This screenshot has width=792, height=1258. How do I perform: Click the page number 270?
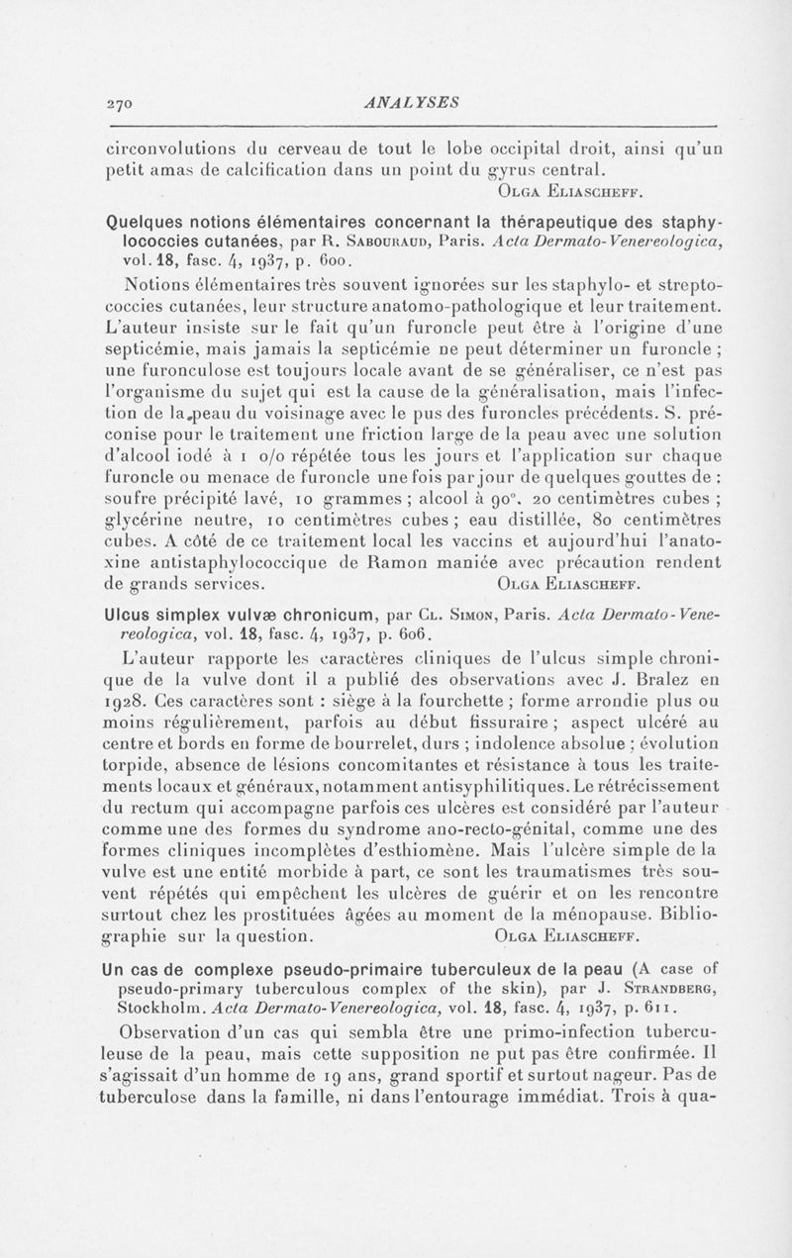[121, 100]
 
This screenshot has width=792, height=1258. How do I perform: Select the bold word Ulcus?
[134, 614]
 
